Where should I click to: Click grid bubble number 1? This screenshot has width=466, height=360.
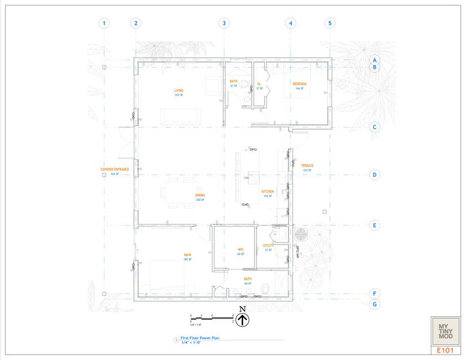[104, 23]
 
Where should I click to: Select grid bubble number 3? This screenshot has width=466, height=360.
[224, 23]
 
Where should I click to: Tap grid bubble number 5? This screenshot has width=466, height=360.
[330, 23]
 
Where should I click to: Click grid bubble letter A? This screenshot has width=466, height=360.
[374, 60]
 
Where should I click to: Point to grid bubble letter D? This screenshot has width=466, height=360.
[374, 175]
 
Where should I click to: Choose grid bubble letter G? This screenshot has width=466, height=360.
[374, 304]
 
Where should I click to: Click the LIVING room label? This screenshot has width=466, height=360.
[178, 91]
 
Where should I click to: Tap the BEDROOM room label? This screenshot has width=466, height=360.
[299, 84]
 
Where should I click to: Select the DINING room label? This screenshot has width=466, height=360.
[200, 196]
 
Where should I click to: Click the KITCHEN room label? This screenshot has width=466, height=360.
[268, 191]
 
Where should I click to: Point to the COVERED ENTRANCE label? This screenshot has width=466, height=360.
[114, 170]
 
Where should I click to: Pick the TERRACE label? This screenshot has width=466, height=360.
[307, 166]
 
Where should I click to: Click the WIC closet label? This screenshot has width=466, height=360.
[241, 250]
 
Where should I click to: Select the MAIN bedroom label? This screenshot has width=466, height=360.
[188, 255]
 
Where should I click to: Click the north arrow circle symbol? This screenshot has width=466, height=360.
[243, 320]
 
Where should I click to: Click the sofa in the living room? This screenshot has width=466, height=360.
[178, 116]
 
